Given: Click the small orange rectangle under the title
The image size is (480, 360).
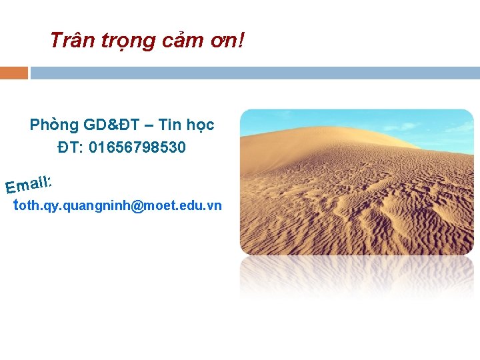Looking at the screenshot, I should click(x=13, y=73).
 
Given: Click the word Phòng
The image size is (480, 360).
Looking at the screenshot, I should click(x=54, y=125).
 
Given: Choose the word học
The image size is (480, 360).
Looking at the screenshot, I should click(x=200, y=125).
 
